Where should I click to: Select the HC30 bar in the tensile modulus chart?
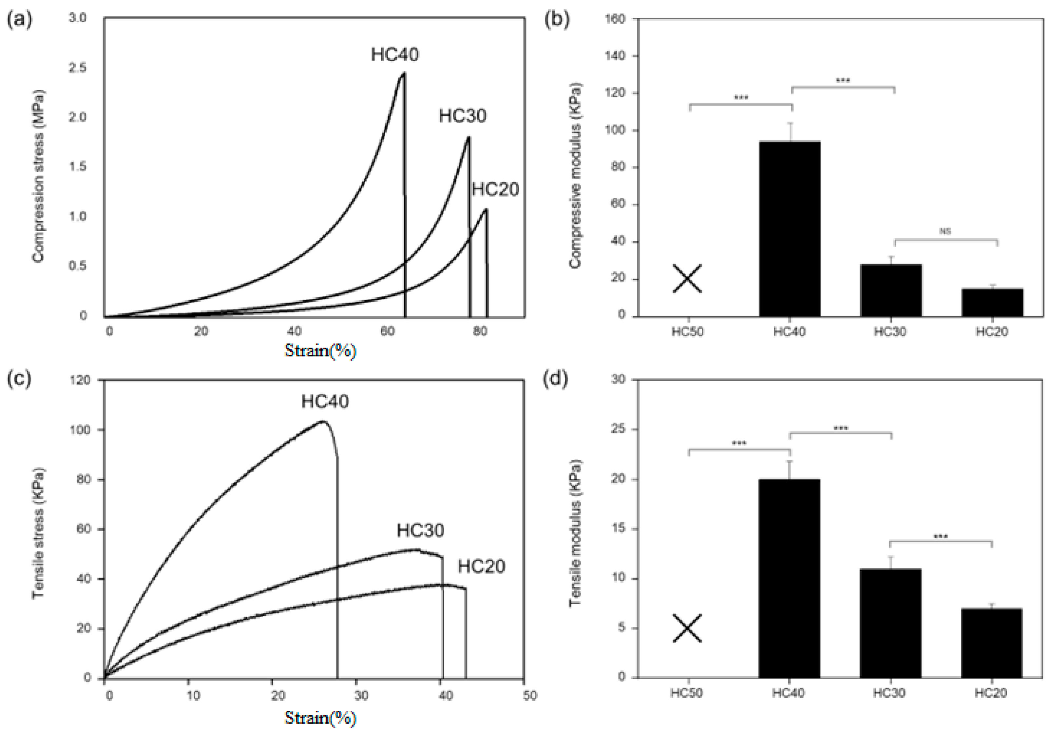pos(890,623)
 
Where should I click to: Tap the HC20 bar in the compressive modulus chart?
pos(992,302)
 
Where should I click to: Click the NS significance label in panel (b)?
pos(945,232)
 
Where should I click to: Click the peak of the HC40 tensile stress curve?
pos(323,421)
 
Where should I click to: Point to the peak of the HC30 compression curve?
pos(468,137)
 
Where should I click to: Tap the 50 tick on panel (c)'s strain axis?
pos(530,696)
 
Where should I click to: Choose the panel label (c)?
pos(19,379)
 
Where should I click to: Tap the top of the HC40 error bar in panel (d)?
pos(790,461)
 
